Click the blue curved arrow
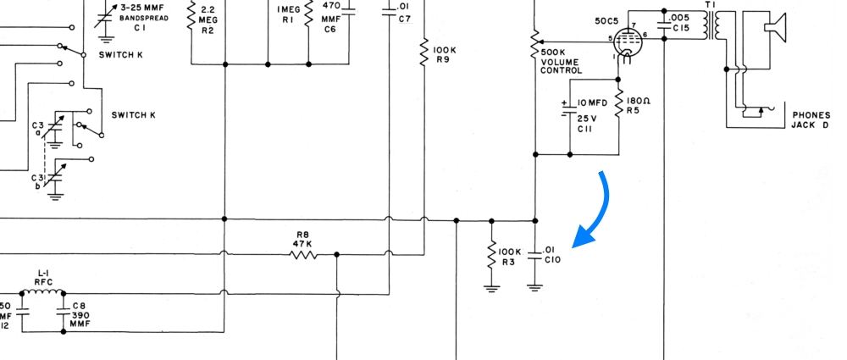tap(596, 208)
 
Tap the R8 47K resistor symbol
tap(304, 254)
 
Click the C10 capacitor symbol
tap(534, 254)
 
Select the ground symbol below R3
tap(491, 286)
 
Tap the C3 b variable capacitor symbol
tap(56, 178)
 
